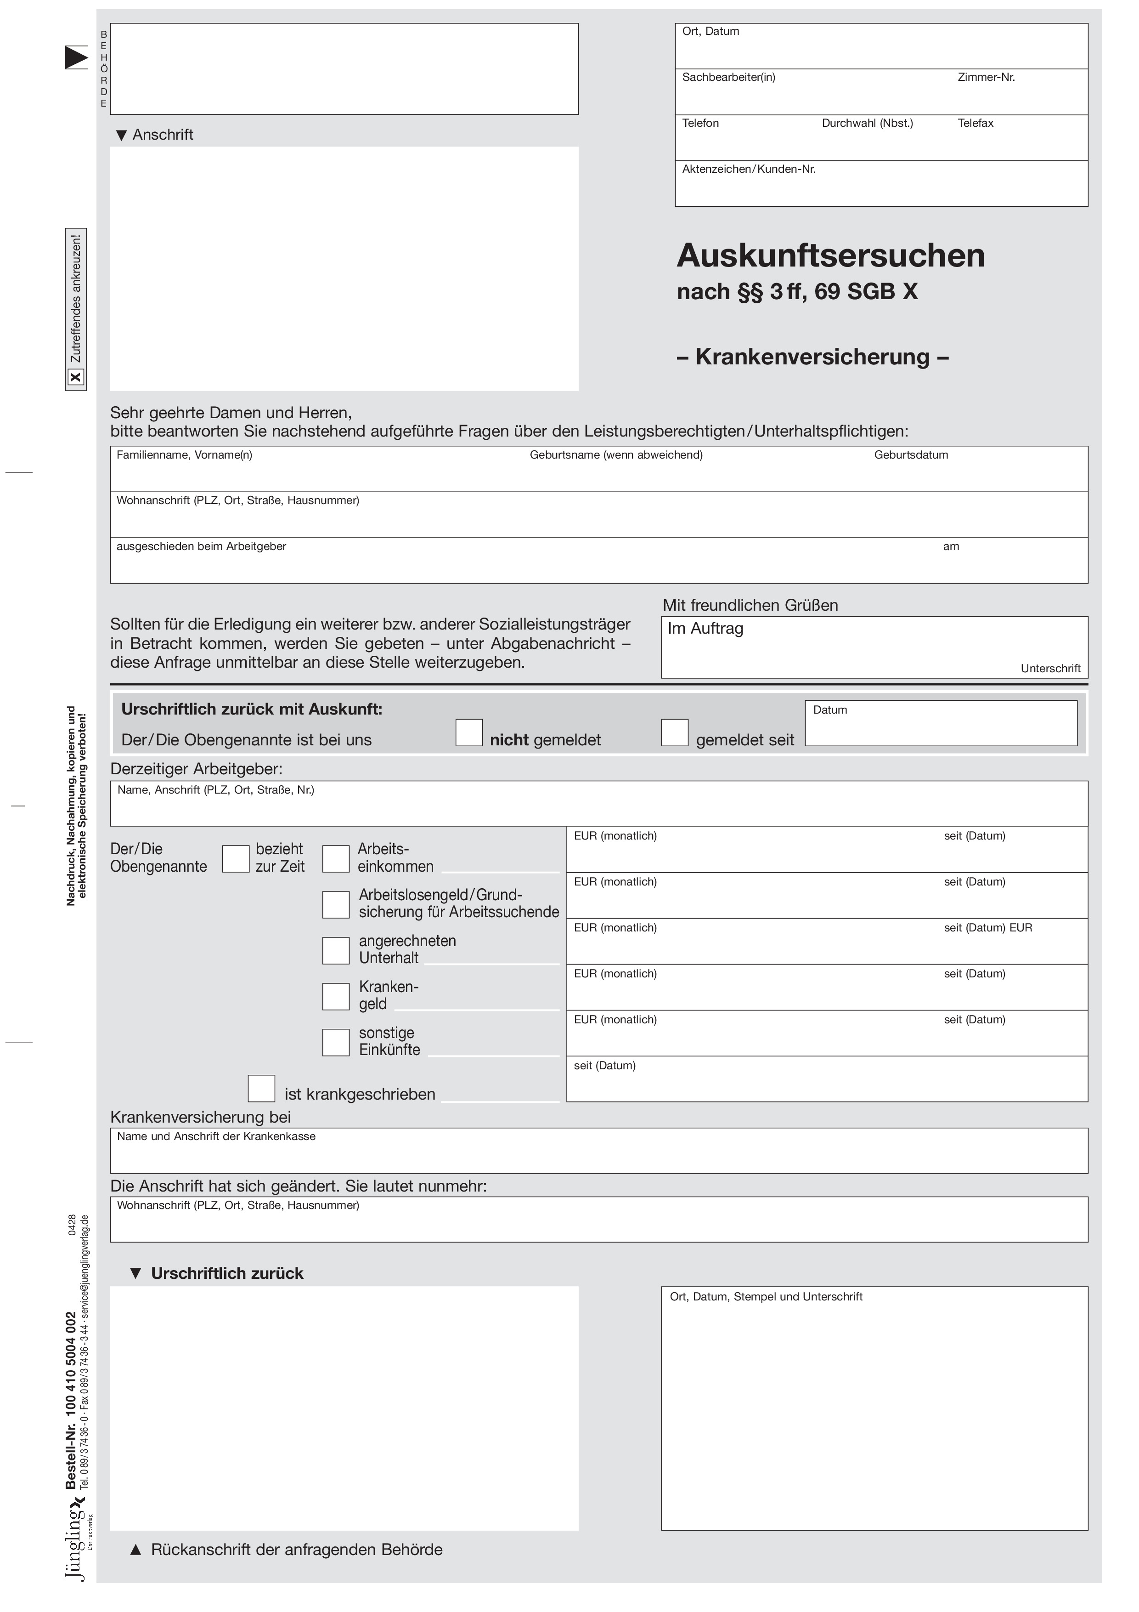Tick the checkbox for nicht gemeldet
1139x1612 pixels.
(x=469, y=732)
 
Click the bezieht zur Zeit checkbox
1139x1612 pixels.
(x=236, y=859)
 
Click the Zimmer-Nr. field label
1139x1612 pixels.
(x=986, y=77)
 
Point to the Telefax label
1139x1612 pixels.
(x=975, y=124)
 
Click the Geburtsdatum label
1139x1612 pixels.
(x=911, y=455)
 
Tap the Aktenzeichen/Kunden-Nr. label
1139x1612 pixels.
(x=749, y=169)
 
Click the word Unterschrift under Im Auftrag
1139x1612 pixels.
(x=1050, y=669)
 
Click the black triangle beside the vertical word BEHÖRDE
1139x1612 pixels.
(x=76, y=57)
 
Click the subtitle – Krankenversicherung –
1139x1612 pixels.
(x=812, y=357)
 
